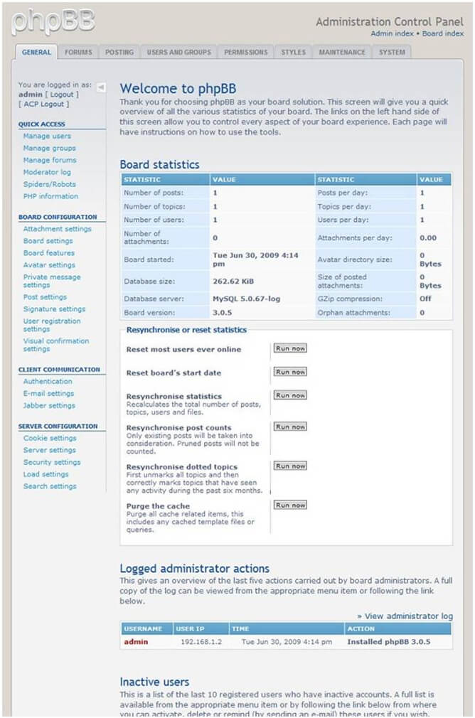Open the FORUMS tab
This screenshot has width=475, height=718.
tap(78, 52)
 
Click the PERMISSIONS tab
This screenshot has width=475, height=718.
tap(246, 52)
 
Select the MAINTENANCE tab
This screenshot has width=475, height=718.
tap(342, 52)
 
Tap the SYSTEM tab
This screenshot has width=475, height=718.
tap(392, 52)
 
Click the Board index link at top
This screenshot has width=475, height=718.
tap(443, 33)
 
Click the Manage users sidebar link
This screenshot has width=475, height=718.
tap(47, 136)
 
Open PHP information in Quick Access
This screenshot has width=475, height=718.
tap(50, 196)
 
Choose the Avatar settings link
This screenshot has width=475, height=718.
tap(49, 265)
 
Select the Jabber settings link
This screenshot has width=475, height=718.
tap(49, 405)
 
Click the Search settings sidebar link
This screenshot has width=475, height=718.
tap(50, 486)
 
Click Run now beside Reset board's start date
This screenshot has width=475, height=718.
tap(290, 372)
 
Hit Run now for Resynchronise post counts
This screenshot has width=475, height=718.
tap(290, 427)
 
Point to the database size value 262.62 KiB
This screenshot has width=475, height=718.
tap(233, 282)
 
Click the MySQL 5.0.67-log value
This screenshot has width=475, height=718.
tap(246, 299)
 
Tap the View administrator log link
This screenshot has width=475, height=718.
tap(405, 616)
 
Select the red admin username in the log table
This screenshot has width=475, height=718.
tap(136, 642)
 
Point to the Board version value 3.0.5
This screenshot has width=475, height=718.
tap(223, 313)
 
